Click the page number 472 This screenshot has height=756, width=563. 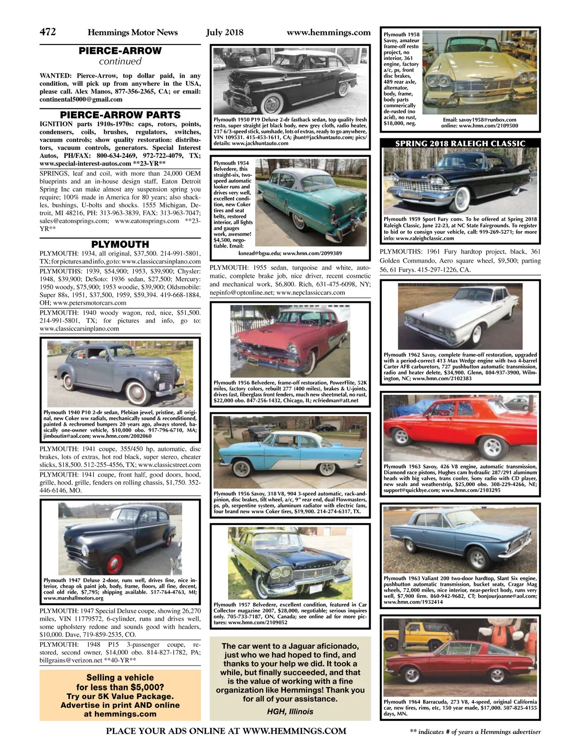pos(48,32)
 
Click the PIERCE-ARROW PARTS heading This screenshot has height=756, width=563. pos(120,115)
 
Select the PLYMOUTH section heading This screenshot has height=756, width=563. pos(120,244)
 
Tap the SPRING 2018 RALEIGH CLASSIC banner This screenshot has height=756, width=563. pos(460,143)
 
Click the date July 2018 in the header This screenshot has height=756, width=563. pos(225,32)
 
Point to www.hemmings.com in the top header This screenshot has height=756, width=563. pos(328,32)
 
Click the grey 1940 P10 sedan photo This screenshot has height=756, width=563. pos(120,373)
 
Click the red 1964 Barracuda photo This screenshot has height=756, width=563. pos(460,656)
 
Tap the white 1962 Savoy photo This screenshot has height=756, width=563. pos(460,315)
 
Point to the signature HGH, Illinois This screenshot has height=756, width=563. pos(290,711)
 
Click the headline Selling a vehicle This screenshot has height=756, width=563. pos(120,677)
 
